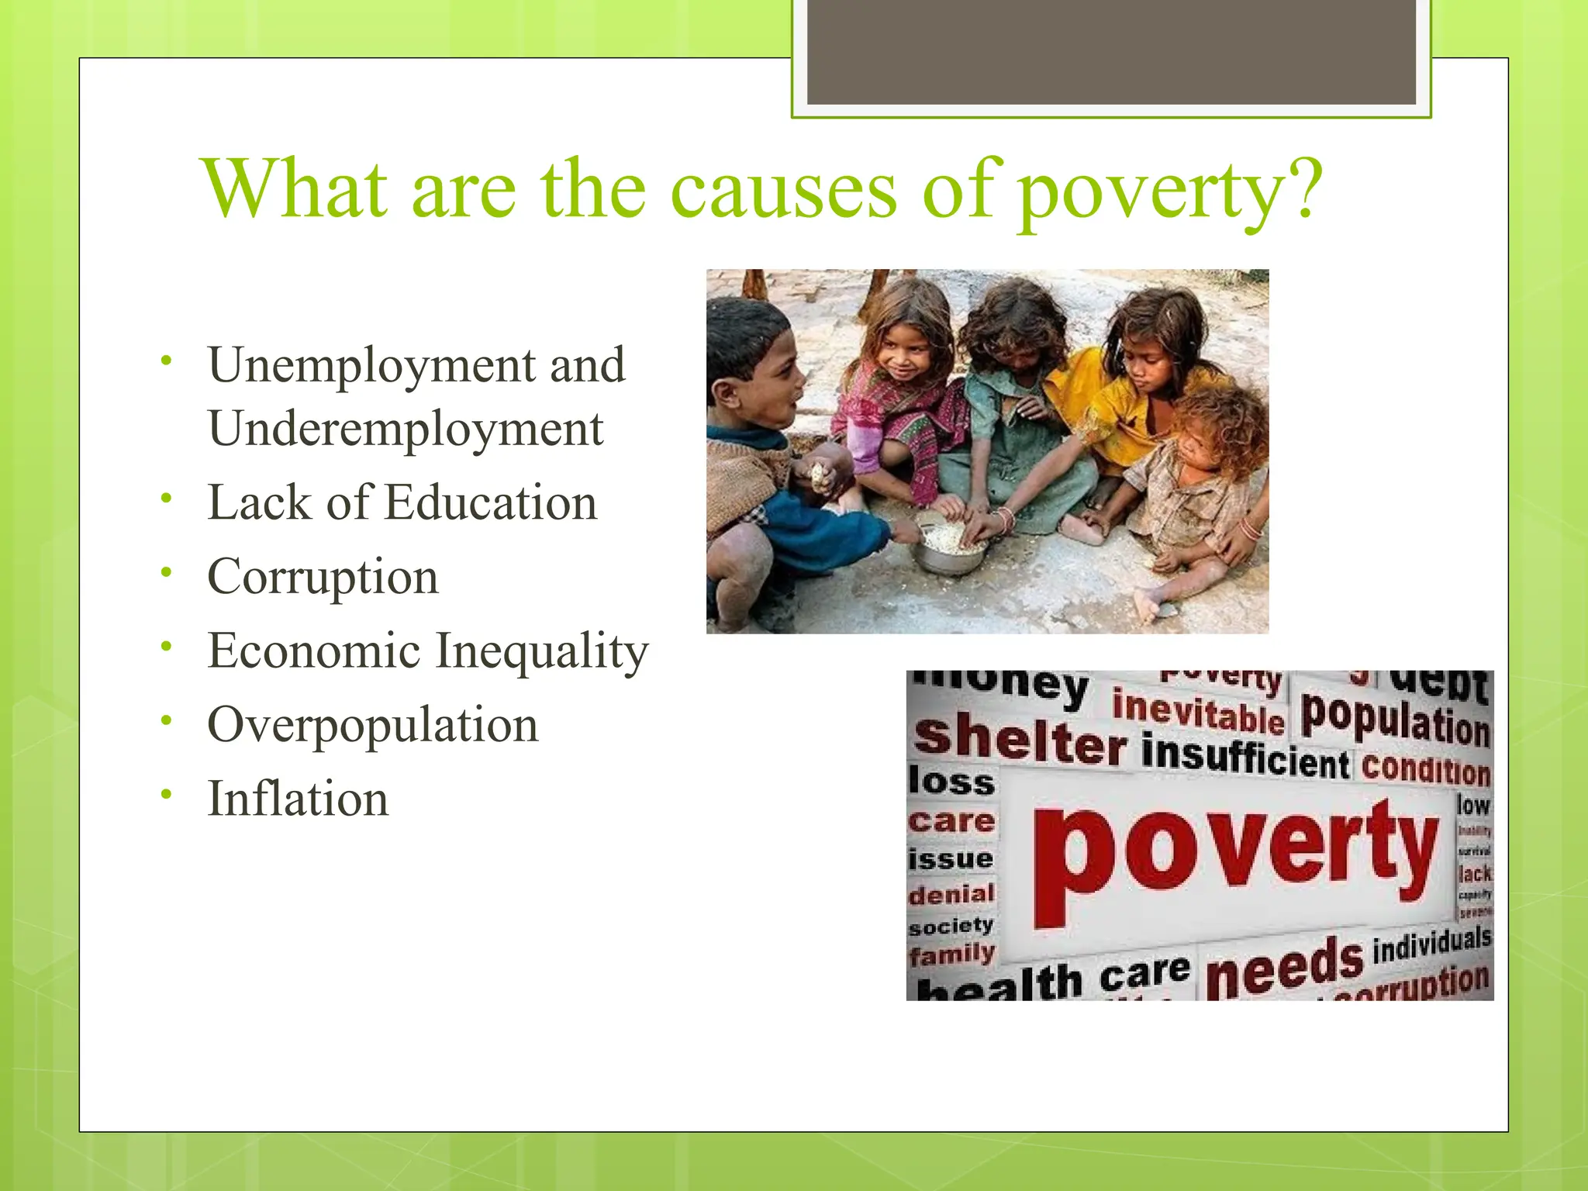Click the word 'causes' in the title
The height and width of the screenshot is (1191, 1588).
click(782, 190)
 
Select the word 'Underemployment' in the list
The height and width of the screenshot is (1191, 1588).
click(406, 429)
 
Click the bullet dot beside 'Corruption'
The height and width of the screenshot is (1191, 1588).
click(165, 572)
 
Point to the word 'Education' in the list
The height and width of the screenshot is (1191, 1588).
click(490, 502)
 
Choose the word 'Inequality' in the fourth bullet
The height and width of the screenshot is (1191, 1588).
click(541, 651)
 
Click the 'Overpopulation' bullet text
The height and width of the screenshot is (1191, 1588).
click(372, 725)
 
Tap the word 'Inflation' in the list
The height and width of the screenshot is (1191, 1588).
click(298, 799)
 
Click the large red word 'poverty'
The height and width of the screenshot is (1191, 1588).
click(1233, 853)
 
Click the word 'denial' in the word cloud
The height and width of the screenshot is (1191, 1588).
click(951, 894)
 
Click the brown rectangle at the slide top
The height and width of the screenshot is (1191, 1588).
click(1111, 53)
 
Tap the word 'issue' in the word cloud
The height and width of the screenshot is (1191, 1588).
click(951, 858)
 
